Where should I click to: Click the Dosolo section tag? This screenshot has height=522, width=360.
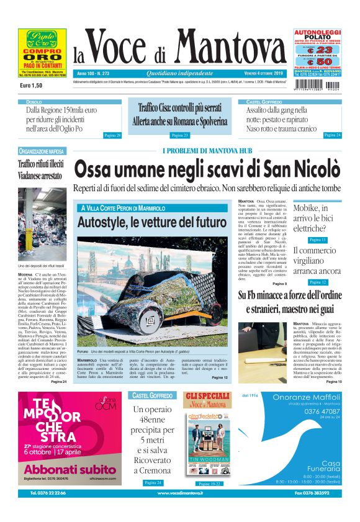[x=35, y=101]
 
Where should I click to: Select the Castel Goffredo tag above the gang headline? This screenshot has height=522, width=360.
[x=266, y=101]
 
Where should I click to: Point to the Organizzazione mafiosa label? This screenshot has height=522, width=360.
[x=42, y=151]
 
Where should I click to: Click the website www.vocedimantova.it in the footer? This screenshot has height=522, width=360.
[x=180, y=493]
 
